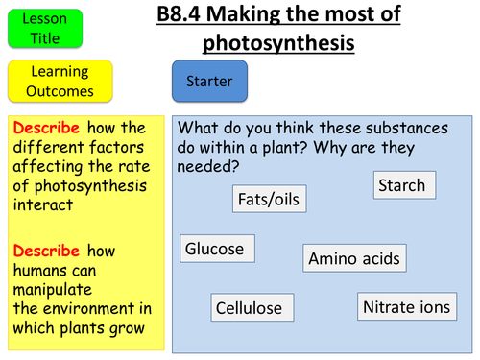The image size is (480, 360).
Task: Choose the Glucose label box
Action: click(x=217, y=249)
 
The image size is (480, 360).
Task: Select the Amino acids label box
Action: click(x=354, y=258)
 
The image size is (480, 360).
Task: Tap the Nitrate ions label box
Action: click(x=404, y=307)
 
